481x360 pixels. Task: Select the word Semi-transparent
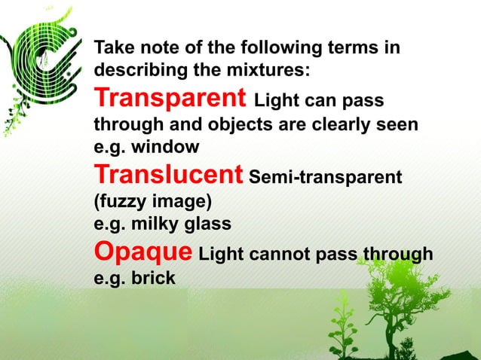click(325, 178)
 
